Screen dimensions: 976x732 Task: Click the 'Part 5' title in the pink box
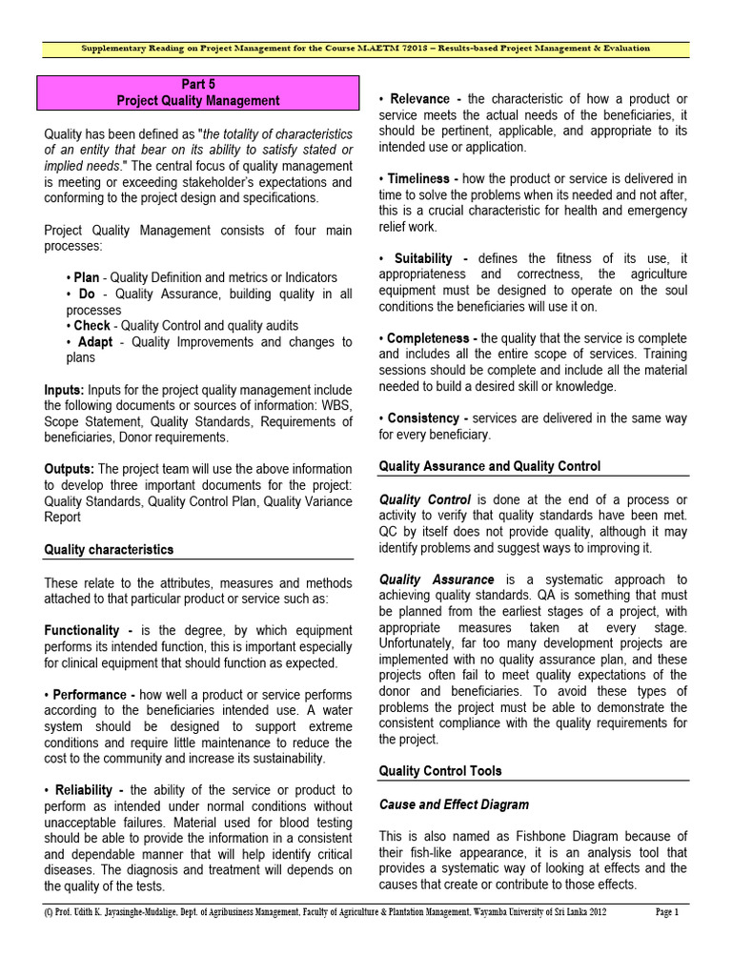[x=198, y=84]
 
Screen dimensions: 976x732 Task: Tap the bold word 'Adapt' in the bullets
[x=95, y=341]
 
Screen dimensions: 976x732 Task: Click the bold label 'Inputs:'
[x=65, y=390]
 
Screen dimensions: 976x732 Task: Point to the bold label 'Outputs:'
[x=69, y=469]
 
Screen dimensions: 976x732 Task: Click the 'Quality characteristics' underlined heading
[x=109, y=550]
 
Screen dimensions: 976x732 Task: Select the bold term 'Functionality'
[x=88, y=631]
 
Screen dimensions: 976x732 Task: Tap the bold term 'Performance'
[x=93, y=695]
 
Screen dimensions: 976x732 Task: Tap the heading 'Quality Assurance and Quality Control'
[x=490, y=466]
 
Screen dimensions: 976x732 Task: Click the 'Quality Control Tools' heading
[x=440, y=770]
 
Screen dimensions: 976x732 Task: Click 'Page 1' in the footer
[x=666, y=912]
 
